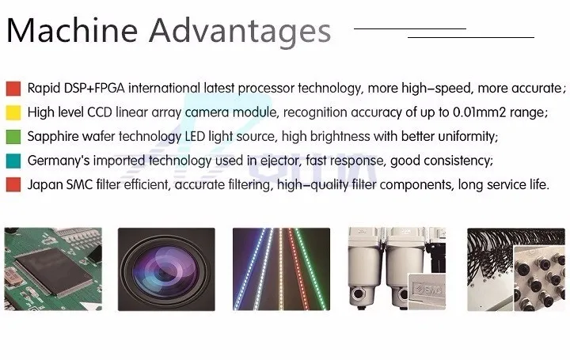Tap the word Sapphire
(x=54, y=137)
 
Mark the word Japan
(x=44, y=185)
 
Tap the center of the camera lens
(x=165, y=267)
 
